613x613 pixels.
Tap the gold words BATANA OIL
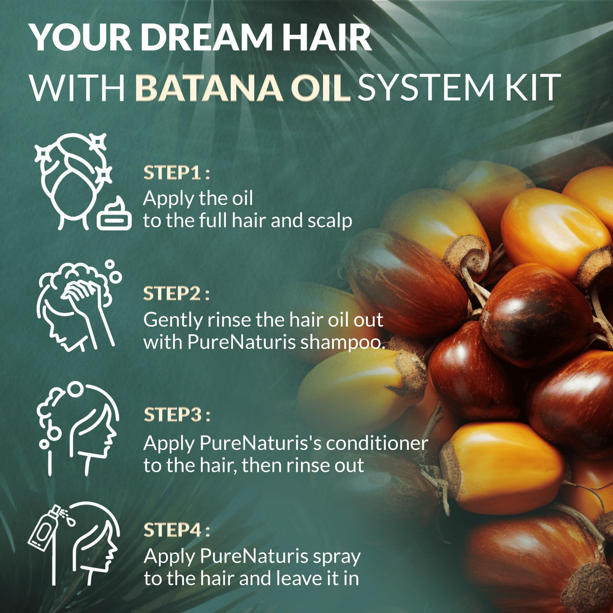point(242,87)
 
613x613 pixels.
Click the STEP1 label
point(177,173)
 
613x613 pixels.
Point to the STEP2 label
point(177,294)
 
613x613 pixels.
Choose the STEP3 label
point(177,415)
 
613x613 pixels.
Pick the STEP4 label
point(177,530)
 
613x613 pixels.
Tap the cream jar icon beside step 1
point(114,214)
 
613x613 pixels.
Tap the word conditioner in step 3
point(377,443)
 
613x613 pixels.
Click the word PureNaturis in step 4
point(254,556)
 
